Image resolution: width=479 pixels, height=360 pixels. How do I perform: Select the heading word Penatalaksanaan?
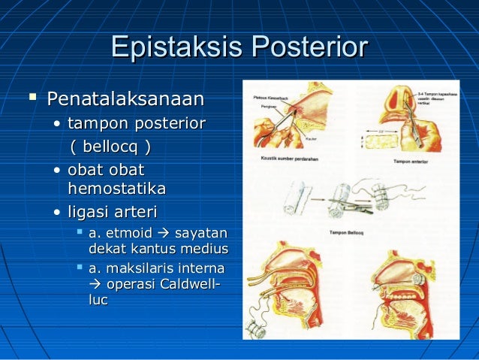click(x=125, y=98)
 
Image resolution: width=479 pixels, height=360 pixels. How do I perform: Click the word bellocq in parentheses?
click(x=110, y=144)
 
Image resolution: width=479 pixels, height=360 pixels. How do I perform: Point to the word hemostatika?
click(x=116, y=189)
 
